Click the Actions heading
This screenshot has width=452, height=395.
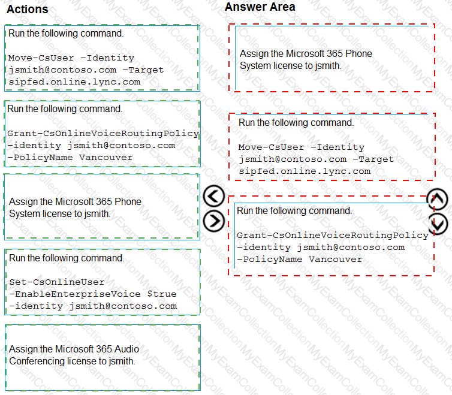[x=28, y=9]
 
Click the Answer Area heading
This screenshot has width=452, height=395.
[x=260, y=7]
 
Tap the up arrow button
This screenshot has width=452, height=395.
[x=438, y=199]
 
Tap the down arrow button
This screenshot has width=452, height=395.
[x=438, y=224]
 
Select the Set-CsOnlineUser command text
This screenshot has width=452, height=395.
[x=57, y=282]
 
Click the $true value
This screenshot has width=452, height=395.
[x=162, y=294]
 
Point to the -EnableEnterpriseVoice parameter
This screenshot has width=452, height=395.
[x=75, y=294]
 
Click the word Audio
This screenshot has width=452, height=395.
[x=127, y=349]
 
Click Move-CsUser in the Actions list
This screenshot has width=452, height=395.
[x=41, y=58]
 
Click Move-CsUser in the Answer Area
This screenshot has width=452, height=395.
[x=271, y=147]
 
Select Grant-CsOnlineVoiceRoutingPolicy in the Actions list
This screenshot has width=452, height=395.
[x=103, y=133]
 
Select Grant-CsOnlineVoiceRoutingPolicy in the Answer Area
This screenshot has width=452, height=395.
[x=333, y=236]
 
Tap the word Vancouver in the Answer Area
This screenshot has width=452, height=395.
[x=336, y=259]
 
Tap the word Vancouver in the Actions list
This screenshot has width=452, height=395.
[x=106, y=158]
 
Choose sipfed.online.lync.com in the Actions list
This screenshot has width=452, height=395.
[x=74, y=82]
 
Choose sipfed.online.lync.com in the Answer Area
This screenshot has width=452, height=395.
[x=305, y=171]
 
